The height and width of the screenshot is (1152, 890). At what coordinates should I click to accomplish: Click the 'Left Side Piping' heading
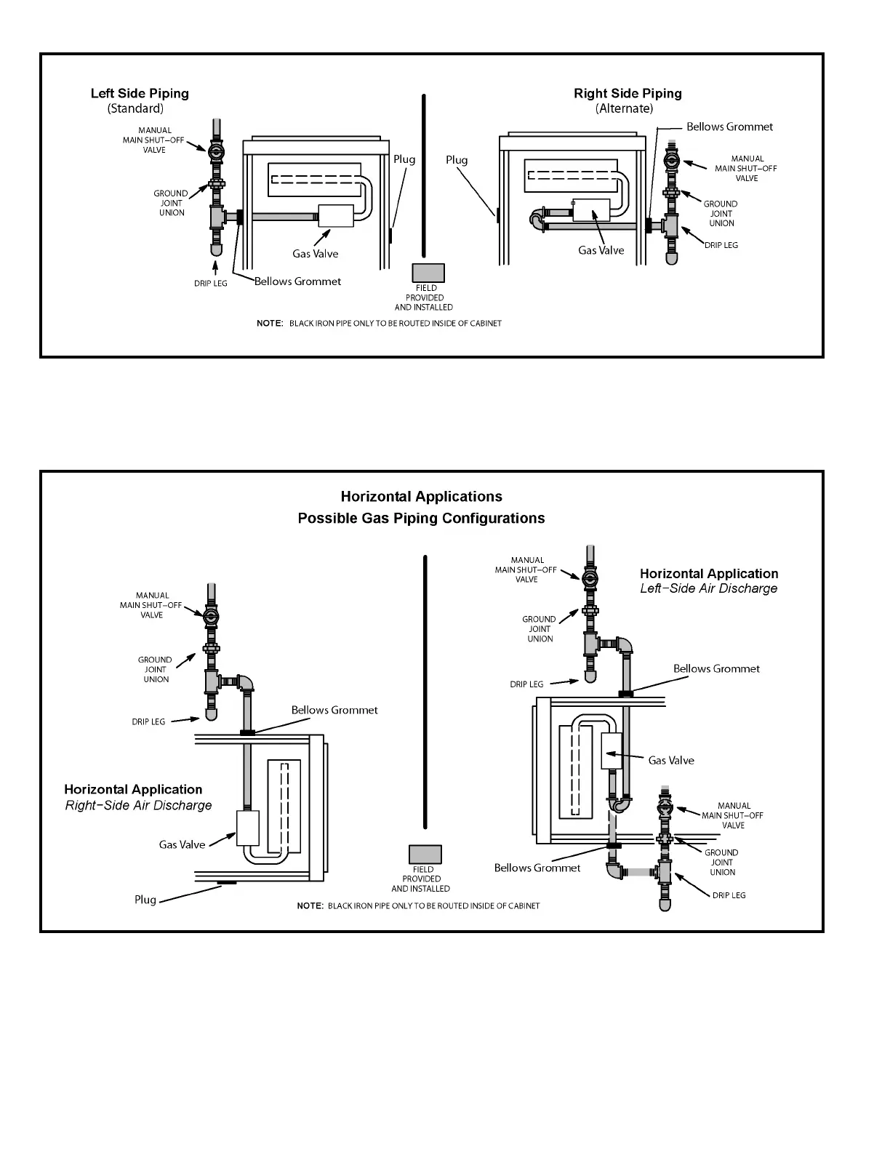coord(140,93)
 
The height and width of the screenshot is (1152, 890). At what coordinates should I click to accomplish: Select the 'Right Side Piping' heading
coord(628,93)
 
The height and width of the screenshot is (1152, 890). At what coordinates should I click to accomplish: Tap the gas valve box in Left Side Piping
coord(336,215)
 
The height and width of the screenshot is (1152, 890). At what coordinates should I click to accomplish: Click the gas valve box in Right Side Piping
coord(591,210)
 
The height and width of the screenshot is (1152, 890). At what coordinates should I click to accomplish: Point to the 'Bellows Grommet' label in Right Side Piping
coord(729,127)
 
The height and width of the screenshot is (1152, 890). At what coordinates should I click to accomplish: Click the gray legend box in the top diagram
coord(428,273)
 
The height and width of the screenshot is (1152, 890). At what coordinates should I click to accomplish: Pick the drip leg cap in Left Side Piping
coord(216,249)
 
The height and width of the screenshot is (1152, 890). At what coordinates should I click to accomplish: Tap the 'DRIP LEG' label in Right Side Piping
coord(721,245)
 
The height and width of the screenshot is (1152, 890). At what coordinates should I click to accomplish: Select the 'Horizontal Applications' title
coord(422,497)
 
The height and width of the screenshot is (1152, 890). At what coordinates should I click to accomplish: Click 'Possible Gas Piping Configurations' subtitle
coord(422,519)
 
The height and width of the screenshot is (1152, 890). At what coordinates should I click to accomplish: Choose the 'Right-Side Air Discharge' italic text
coord(138,806)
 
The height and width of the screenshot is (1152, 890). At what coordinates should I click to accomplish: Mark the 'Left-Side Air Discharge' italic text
coord(708,589)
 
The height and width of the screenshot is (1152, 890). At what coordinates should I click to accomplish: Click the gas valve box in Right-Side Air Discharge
coord(248,828)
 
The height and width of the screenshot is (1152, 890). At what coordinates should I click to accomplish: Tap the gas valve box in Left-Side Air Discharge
coord(612,751)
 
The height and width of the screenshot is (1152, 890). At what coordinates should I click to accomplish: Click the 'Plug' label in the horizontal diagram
coord(145,900)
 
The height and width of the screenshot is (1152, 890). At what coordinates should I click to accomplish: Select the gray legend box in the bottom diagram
coord(425,855)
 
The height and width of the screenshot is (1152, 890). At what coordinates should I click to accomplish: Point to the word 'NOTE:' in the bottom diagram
coord(310,906)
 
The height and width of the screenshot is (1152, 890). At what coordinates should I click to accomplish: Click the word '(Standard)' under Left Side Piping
coord(135,108)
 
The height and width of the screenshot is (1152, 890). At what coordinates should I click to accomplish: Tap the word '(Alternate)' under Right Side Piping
coord(624,108)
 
